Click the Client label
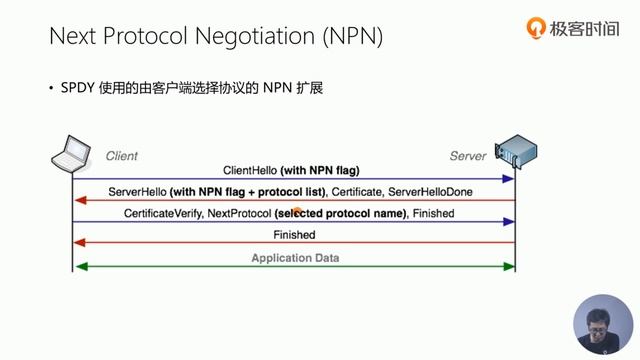(x=121, y=156)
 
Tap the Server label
(x=468, y=156)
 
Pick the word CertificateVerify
(x=163, y=213)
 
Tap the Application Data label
(x=294, y=257)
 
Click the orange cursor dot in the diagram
(x=297, y=211)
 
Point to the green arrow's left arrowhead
(x=80, y=266)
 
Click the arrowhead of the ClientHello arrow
(x=509, y=179)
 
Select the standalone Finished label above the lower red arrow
(x=294, y=235)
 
